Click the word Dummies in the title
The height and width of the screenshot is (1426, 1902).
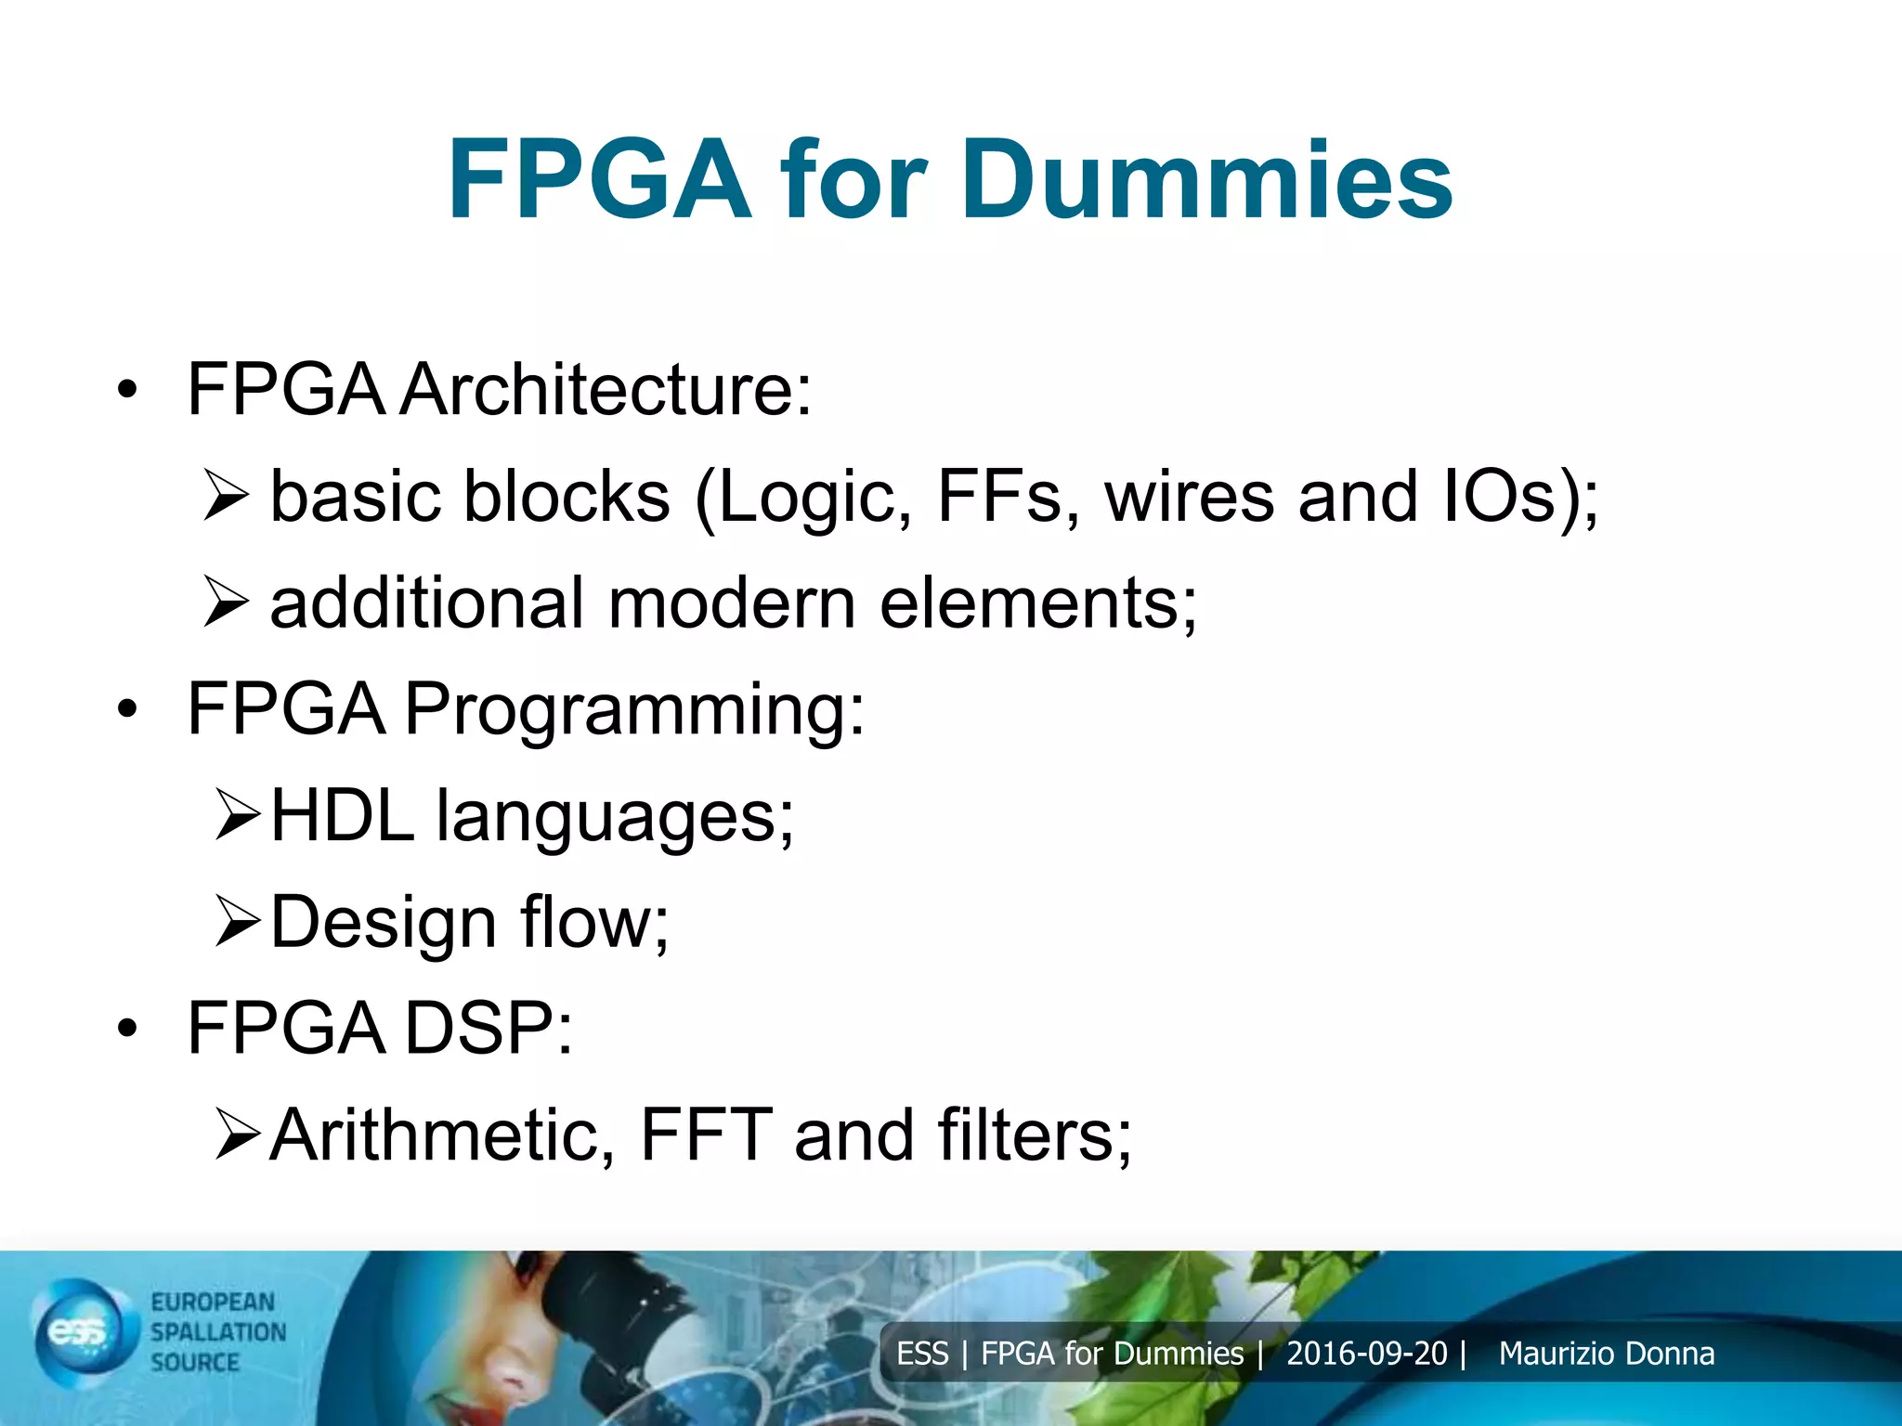[1206, 180]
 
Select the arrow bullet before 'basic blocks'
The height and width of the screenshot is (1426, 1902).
[226, 496]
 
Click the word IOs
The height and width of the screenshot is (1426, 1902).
[1500, 496]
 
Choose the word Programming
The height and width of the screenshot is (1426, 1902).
[634, 711]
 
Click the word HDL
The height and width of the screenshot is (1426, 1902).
[342, 816]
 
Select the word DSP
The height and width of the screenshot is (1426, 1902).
[489, 1029]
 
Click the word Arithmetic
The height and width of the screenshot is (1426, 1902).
[442, 1134]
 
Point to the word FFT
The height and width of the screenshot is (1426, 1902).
[706, 1134]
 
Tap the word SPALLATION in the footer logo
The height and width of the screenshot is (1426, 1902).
[218, 1332]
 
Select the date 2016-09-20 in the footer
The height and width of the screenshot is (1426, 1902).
[1366, 1354]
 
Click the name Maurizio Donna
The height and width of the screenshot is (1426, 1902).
[1606, 1354]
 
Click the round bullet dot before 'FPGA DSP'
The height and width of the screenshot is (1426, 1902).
[127, 1029]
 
